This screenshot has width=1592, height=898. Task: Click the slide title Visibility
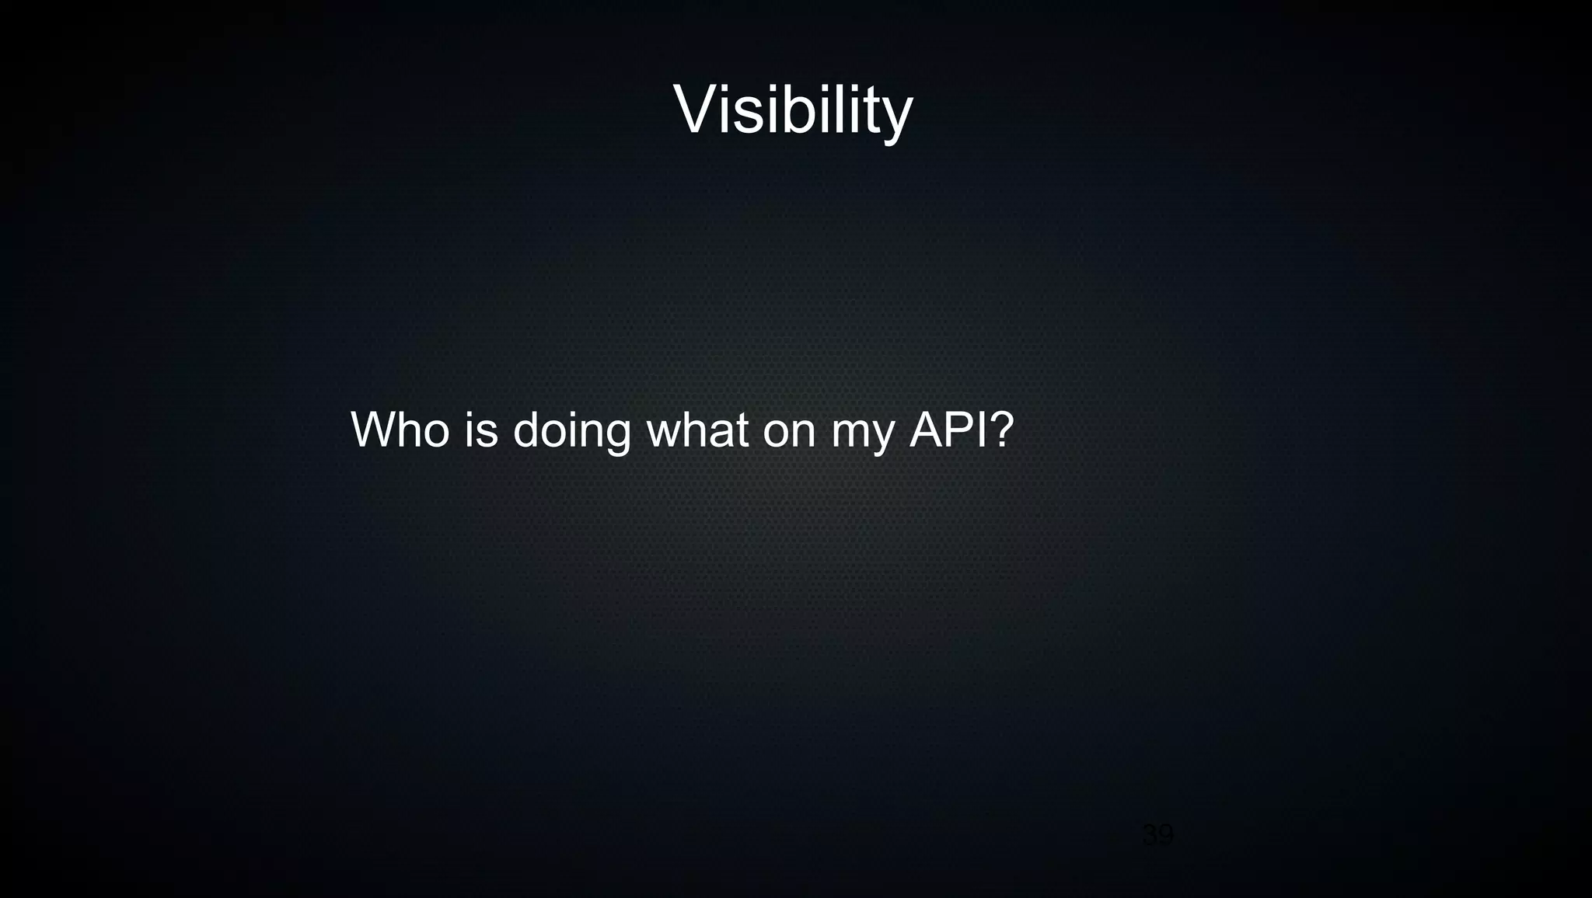792,110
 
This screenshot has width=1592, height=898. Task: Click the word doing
571,431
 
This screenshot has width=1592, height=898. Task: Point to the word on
789,431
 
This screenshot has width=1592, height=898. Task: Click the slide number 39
1157,836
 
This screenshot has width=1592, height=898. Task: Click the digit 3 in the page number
1150,836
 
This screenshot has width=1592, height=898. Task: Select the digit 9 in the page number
1165,836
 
